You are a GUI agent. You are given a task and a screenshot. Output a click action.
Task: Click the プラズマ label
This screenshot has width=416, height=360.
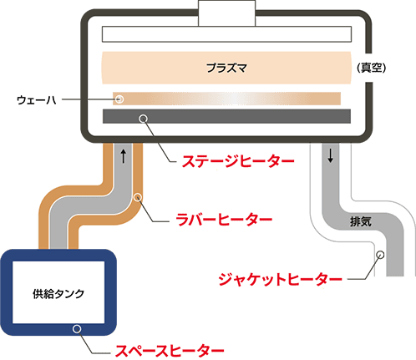(x=226, y=68)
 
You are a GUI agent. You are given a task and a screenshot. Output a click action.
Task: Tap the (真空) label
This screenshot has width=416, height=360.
(x=372, y=68)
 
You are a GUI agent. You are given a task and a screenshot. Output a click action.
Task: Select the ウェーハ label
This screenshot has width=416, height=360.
(x=37, y=99)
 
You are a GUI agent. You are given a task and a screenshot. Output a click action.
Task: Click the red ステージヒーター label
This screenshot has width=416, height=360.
(x=238, y=161)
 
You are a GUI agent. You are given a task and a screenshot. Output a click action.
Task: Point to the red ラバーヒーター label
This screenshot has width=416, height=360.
(x=224, y=220)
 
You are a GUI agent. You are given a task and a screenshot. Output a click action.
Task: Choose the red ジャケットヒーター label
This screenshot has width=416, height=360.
(x=281, y=279)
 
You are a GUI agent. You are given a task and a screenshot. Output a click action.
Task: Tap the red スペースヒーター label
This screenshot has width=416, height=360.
(x=170, y=351)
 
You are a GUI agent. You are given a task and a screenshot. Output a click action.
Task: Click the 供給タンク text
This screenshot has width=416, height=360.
(x=58, y=294)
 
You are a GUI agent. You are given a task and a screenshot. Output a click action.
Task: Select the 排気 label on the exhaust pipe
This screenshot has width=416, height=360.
(x=361, y=221)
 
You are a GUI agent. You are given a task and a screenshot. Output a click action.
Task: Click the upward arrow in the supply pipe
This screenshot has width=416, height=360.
(x=124, y=156)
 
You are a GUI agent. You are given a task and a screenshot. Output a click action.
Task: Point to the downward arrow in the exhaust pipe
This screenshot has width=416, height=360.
(x=331, y=155)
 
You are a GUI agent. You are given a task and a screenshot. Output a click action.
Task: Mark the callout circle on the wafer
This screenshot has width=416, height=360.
(x=119, y=99)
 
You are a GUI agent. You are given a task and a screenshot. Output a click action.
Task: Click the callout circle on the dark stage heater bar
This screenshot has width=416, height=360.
(x=143, y=119)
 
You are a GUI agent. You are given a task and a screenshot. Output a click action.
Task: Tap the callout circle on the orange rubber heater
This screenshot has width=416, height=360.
(x=138, y=197)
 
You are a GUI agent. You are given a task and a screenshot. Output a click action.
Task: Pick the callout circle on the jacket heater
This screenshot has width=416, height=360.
(x=380, y=255)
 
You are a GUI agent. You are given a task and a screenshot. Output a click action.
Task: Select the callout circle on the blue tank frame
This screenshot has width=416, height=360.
(x=77, y=329)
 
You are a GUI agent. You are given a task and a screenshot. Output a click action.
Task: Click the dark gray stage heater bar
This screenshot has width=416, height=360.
(x=226, y=116)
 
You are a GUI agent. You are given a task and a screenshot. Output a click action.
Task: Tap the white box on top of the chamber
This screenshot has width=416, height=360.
(x=226, y=13)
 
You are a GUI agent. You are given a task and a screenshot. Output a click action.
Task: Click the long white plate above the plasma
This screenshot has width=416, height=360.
(x=226, y=34)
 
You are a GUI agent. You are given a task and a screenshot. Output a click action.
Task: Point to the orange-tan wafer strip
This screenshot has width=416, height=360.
(x=226, y=99)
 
